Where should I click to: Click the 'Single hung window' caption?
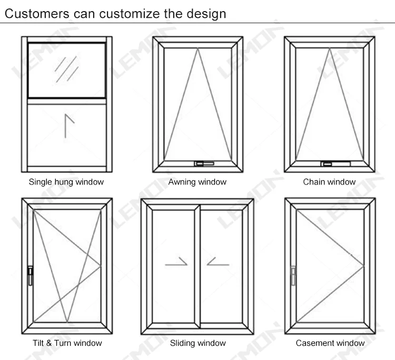(66, 182)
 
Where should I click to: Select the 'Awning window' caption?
(197, 182)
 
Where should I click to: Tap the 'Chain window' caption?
(329, 182)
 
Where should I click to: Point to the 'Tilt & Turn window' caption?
(66, 343)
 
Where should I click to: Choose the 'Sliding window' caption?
(197, 343)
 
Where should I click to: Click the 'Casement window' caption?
(330, 343)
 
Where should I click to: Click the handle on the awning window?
(202, 163)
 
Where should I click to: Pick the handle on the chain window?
(334, 163)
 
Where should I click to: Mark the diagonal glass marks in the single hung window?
(66, 69)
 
